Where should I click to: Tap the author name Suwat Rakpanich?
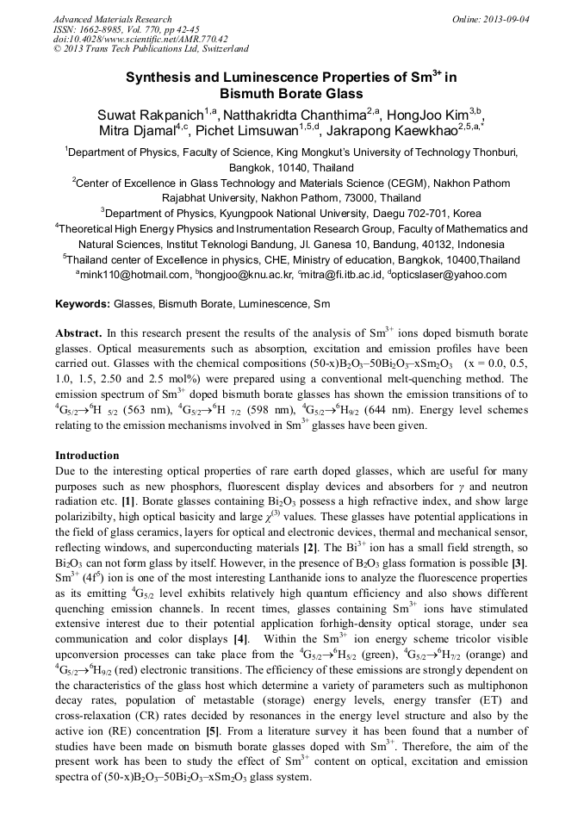(x=153, y=115)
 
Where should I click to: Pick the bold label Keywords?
(x=83, y=304)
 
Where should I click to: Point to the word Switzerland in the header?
(x=219, y=49)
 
